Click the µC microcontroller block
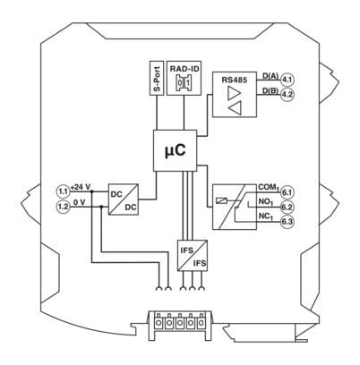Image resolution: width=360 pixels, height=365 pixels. (x=176, y=150)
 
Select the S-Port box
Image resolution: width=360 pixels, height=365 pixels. (x=157, y=79)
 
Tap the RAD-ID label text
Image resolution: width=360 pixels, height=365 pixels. (x=184, y=69)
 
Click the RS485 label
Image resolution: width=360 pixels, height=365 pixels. (x=235, y=80)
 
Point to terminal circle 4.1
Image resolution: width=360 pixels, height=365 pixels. (x=287, y=80)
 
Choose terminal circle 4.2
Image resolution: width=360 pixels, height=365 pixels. (x=287, y=94)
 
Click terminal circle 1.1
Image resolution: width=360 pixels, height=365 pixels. (x=63, y=191)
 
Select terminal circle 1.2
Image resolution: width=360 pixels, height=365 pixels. (x=63, y=207)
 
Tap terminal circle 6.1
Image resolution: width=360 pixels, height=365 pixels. (x=287, y=192)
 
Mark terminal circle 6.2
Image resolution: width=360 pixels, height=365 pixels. (x=287, y=207)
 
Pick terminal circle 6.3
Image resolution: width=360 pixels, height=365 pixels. (x=287, y=222)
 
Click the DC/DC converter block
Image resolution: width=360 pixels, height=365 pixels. (x=124, y=199)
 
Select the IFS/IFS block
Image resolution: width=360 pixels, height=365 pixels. (x=193, y=256)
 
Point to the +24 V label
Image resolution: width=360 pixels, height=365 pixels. (x=81, y=187)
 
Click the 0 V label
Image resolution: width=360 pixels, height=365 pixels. (x=80, y=202)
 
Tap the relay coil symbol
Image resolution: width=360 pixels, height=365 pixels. (x=221, y=200)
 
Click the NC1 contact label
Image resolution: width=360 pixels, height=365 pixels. (x=266, y=216)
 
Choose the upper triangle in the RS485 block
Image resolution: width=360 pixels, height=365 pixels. (x=235, y=93)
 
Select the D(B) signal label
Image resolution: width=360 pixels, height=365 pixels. (x=270, y=90)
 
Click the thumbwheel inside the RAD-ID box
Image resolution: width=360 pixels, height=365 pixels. (x=184, y=82)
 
